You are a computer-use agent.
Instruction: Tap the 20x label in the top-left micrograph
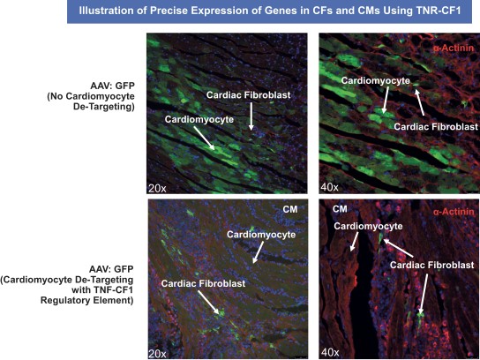[x=157, y=188]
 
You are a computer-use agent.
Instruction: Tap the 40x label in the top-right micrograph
[x=329, y=187]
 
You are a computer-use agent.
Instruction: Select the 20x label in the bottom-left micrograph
[x=157, y=354]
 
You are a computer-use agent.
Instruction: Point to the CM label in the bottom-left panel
[x=289, y=209]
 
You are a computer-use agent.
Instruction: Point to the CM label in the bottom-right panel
[x=340, y=209]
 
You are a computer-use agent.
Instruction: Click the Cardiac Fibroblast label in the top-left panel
[x=248, y=95]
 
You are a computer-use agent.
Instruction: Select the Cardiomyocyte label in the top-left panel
[x=199, y=119]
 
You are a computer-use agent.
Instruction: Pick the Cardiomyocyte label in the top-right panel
[x=375, y=80]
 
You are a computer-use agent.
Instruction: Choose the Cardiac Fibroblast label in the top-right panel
[x=436, y=126]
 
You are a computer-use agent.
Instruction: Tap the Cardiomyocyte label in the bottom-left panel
[x=261, y=235]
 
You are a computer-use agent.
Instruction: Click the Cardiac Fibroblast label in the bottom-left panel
[x=203, y=283]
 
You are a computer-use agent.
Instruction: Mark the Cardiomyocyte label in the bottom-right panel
[x=368, y=226]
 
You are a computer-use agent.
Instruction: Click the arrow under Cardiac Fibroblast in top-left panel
[x=251, y=116]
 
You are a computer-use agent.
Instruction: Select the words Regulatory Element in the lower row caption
[x=87, y=300]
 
